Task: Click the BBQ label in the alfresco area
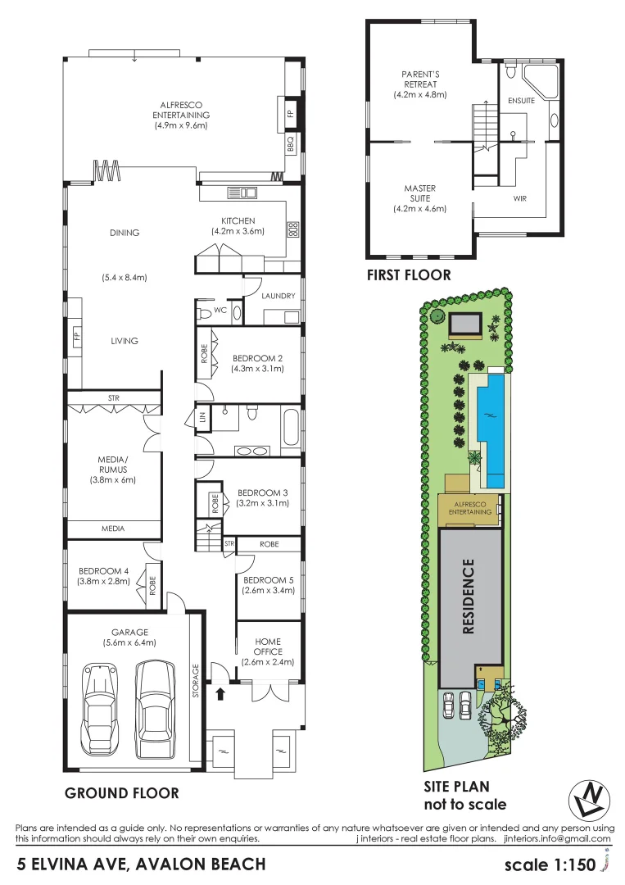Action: pos(291,144)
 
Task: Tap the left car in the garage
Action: pos(99,712)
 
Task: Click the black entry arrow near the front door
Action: pos(219,693)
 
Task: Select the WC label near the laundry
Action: pos(219,311)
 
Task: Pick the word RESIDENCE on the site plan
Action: pos(469,596)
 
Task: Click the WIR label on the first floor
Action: pos(519,198)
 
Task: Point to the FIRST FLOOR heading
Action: pos(409,275)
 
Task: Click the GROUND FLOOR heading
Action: pos(121,793)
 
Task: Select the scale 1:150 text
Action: pos(550,865)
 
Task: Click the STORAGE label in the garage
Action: pos(196,679)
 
